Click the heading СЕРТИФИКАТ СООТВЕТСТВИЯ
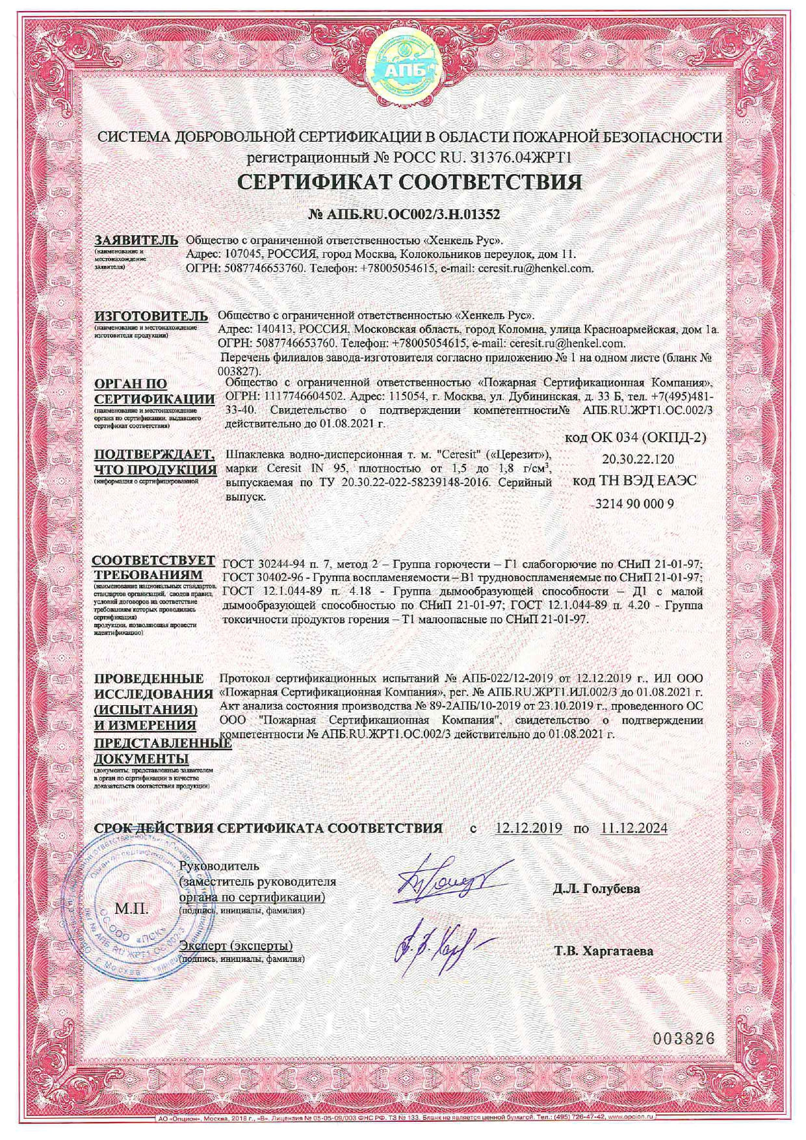click(409, 181)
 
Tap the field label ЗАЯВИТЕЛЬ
click(136, 240)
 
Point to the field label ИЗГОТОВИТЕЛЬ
click(151, 317)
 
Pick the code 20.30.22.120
click(638, 460)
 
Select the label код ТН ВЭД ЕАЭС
click(634, 482)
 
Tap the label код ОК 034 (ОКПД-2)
click(635, 437)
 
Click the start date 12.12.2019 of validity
click(528, 828)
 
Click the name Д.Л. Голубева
click(597, 888)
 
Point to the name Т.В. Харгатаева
click(604, 952)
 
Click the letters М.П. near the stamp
click(131, 908)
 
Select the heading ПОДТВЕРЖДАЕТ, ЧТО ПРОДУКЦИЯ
click(155, 462)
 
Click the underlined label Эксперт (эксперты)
click(235, 946)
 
